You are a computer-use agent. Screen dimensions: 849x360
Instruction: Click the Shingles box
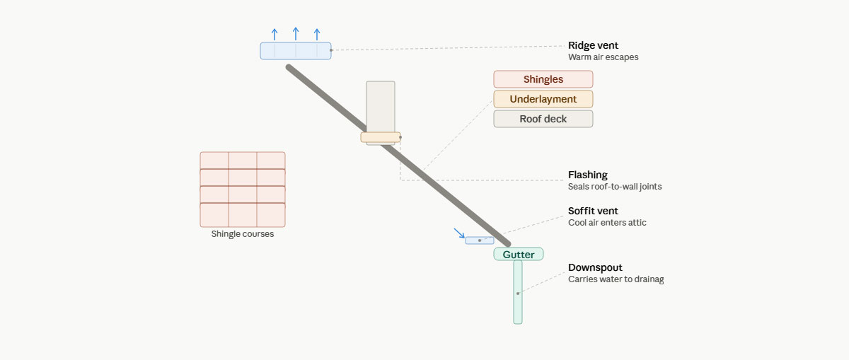click(543, 79)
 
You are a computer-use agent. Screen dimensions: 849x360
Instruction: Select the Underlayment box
click(543, 99)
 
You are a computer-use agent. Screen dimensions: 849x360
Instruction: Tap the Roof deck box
click(543, 119)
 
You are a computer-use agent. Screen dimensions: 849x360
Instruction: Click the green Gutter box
click(519, 254)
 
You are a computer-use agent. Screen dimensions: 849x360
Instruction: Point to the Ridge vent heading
click(593, 45)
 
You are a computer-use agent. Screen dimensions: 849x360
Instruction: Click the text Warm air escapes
click(603, 57)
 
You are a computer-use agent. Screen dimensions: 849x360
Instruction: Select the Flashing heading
click(587, 175)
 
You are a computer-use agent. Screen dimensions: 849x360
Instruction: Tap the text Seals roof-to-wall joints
click(615, 187)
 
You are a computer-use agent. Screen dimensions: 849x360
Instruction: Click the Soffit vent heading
click(593, 211)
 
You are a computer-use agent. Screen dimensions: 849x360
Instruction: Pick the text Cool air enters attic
click(607, 223)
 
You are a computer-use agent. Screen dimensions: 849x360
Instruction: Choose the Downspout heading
click(595, 267)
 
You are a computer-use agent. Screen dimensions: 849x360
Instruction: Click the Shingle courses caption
click(243, 234)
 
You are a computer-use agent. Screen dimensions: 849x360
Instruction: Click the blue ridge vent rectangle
click(296, 51)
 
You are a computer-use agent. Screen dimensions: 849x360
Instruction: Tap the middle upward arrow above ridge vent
click(296, 34)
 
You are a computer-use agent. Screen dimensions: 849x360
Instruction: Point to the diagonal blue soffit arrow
click(459, 233)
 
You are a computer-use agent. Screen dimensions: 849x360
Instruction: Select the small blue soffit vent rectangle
click(480, 240)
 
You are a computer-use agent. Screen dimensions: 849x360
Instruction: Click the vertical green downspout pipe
click(518, 292)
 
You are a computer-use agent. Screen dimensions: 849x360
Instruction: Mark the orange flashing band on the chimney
click(381, 137)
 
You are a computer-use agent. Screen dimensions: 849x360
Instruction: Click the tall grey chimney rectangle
click(381, 107)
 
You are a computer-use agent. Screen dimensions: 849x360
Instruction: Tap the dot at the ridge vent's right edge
click(331, 50)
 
